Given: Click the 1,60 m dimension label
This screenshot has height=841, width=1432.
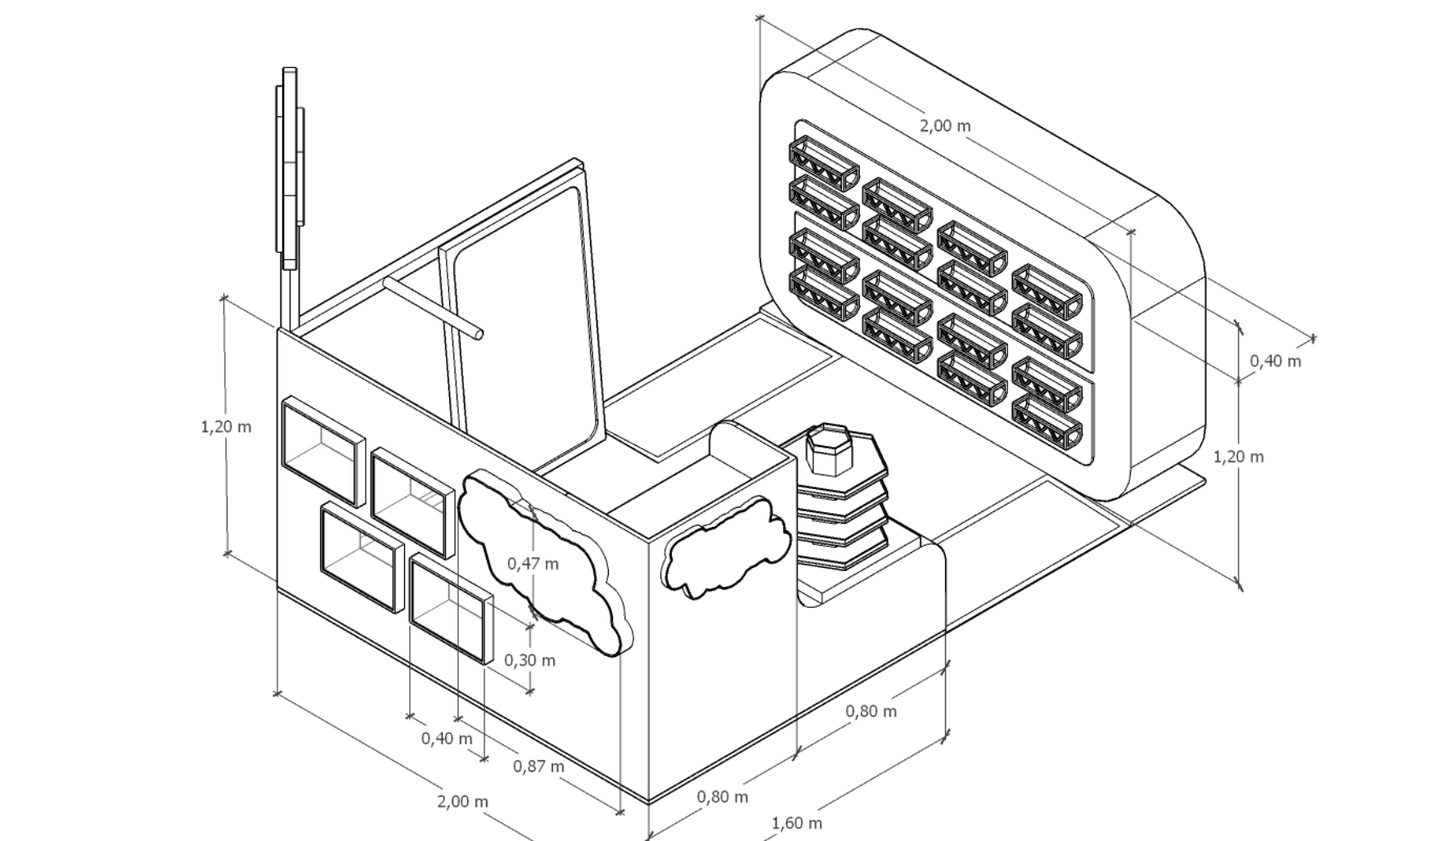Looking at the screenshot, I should pyautogui.click(x=796, y=823).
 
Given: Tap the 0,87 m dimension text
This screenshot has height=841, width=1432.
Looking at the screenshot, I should pyautogui.click(x=538, y=767).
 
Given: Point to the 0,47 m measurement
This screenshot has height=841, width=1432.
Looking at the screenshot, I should pyautogui.click(x=533, y=564).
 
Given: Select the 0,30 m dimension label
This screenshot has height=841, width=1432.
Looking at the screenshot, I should pyautogui.click(x=529, y=660).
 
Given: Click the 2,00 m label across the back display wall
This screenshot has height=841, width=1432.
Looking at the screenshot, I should pyautogui.click(x=945, y=126).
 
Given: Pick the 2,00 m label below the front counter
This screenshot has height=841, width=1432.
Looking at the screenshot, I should pyautogui.click(x=462, y=802).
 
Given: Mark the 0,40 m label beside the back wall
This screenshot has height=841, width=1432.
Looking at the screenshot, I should pyautogui.click(x=1275, y=361).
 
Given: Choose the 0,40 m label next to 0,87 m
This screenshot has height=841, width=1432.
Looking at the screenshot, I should pyautogui.click(x=447, y=739).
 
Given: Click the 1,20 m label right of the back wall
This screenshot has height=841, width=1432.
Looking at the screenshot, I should pyautogui.click(x=1238, y=456).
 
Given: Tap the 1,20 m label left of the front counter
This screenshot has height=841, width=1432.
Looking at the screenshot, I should pyautogui.click(x=226, y=426).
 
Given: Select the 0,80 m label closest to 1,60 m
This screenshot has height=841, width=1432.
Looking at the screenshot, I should pyautogui.click(x=722, y=796).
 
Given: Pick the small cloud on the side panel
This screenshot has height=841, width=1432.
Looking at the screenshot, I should pyautogui.click(x=724, y=546).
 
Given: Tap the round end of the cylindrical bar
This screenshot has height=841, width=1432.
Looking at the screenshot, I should pyautogui.click(x=478, y=334).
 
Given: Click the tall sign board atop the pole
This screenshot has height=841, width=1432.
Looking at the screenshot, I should pyautogui.click(x=290, y=168).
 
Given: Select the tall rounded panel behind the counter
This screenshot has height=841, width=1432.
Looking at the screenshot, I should pyautogui.click(x=524, y=327).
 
